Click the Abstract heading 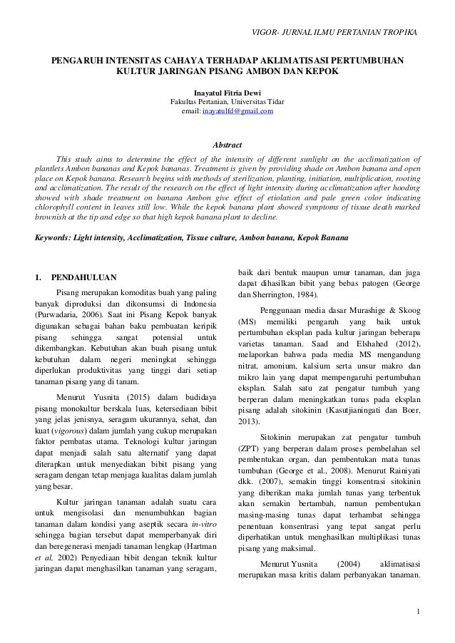pos(227,145)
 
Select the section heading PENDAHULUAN pos(83,276)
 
